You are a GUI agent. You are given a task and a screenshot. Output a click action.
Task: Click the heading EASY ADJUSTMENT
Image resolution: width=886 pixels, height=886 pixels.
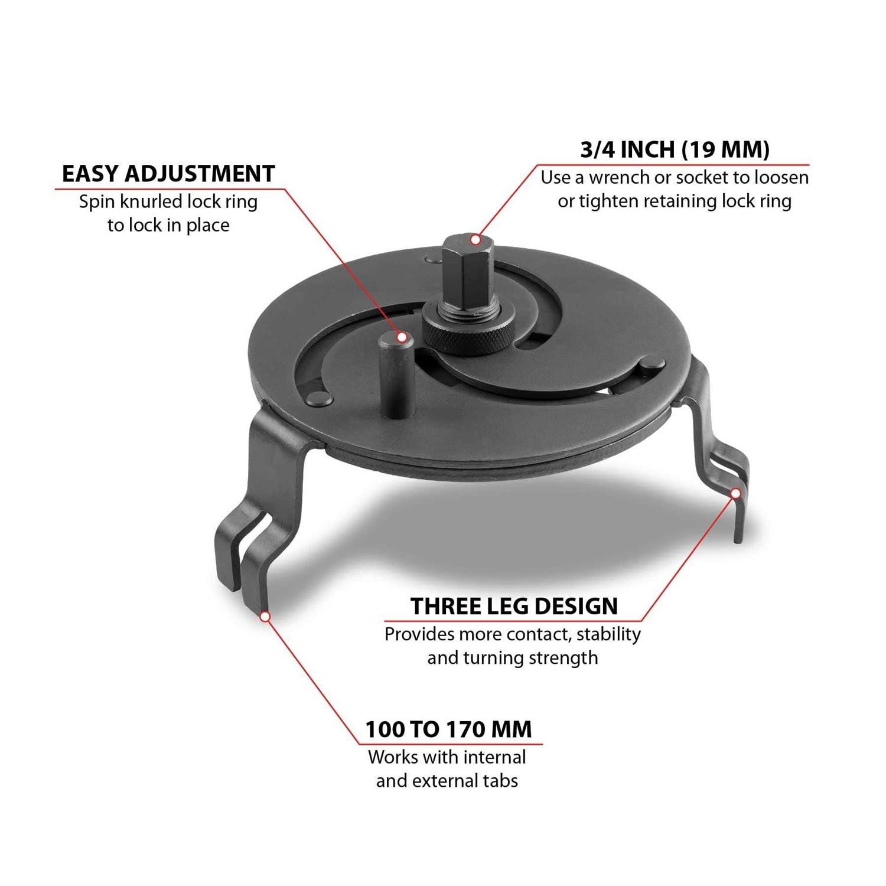click(x=168, y=174)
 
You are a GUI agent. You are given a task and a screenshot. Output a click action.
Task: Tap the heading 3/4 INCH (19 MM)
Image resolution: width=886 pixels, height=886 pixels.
click(x=675, y=149)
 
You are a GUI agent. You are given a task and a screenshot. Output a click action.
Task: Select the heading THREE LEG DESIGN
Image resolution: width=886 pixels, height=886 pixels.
click(x=514, y=606)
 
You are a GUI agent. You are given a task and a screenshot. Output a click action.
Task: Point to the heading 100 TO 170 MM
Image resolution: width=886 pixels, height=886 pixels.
click(x=449, y=729)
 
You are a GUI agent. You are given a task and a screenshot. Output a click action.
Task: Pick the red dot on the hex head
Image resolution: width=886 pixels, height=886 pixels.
click(x=474, y=239)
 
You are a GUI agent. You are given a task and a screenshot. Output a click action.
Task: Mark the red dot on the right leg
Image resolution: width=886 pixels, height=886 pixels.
click(x=736, y=493)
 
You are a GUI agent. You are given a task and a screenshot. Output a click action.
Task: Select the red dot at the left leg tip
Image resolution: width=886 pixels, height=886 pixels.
click(x=265, y=616)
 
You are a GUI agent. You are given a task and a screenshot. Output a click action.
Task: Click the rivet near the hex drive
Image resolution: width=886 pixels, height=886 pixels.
click(x=432, y=259)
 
